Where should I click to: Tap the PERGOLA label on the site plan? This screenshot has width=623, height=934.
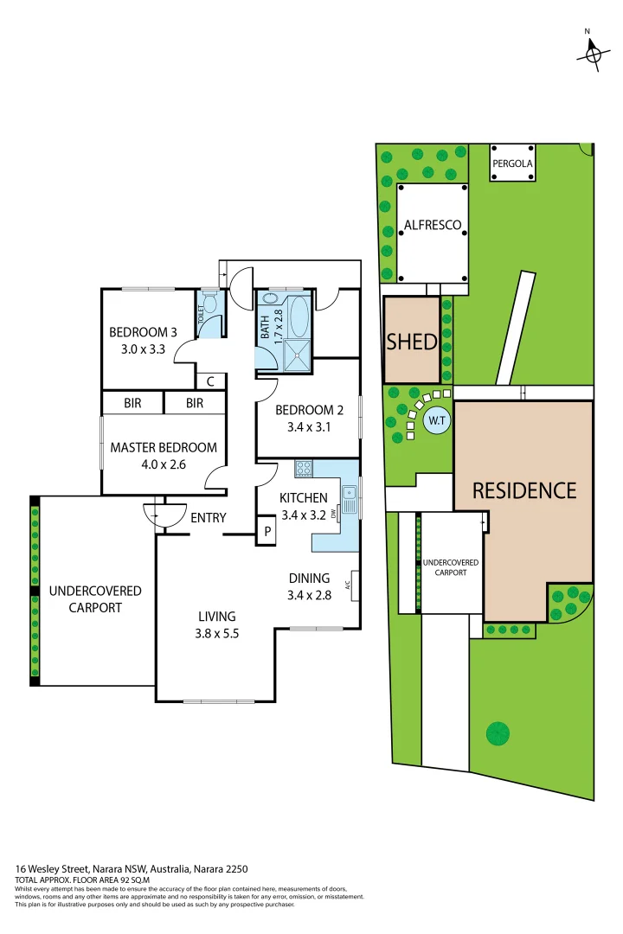tap(512, 163)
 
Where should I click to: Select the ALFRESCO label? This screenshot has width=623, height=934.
tap(433, 226)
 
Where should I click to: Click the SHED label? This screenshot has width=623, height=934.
tap(412, 341)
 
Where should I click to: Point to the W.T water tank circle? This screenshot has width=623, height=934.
tap(435, 422)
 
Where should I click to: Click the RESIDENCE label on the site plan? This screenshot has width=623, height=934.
tap(523, 490)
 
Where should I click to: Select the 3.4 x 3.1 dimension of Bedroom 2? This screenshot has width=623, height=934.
tap(303, 426)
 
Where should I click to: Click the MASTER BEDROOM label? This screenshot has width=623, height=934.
tap(163, 447)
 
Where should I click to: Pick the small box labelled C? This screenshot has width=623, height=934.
tap(210, 381)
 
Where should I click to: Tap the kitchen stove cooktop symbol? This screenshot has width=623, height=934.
tap(304, 469)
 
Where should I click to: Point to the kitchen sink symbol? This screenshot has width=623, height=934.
tap(350, 494)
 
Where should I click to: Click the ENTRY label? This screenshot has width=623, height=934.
tap(208, 518)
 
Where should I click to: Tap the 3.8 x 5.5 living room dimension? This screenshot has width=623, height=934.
tap(215, 632)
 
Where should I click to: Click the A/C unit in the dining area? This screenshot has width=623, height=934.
tap(350, 585)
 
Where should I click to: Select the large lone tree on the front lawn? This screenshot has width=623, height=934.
tap(498, 733)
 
